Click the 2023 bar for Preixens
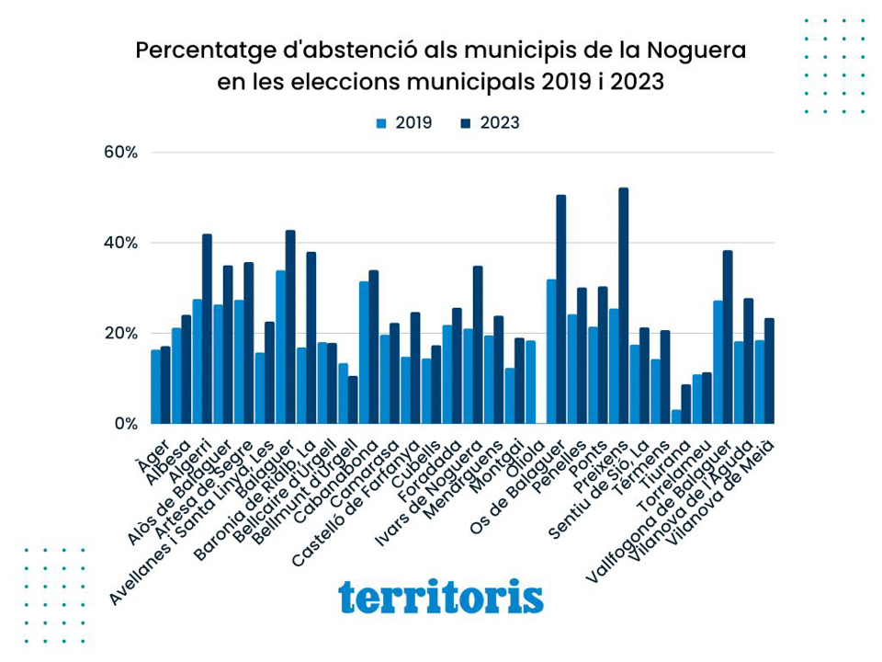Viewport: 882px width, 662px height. [x=624, y=305]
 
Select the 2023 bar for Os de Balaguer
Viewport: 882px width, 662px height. [x=561, y=309]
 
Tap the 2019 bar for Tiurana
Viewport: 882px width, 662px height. [x=676, y=417]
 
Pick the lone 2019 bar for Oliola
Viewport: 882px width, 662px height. [x=530, y=382]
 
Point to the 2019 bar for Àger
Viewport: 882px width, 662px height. [x=156, y=386]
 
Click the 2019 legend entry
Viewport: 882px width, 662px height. [x=404, y=123]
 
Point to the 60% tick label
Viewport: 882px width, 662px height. [x=119, y=153]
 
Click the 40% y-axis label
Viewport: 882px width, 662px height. [x=119, y=243]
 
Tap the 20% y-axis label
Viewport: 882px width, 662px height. [x=119, y=333]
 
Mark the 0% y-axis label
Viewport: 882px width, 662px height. [x=125, y=424]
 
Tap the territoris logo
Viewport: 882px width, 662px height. [x=441, y=597]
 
